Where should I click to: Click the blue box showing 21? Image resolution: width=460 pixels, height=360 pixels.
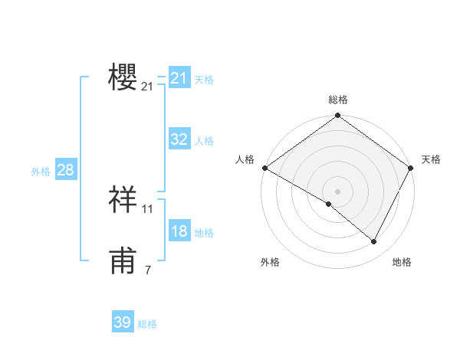coord(179,78)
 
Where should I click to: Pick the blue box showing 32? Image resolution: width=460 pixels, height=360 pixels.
coord(179,139)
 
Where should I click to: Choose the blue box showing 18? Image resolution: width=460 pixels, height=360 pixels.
coord(179,231)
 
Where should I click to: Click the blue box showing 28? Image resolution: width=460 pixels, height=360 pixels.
coord(65,170)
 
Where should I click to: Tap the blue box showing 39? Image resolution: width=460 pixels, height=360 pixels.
coord(122,322)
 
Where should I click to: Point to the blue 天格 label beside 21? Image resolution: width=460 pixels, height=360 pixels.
coord(204,79)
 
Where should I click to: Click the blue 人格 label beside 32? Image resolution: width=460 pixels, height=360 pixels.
coord(204,140)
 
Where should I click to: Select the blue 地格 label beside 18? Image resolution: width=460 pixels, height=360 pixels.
coord(204,232)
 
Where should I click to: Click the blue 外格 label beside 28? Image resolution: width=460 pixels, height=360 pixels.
coord(41,172)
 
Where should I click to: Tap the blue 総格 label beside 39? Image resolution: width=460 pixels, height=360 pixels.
coord(147,324)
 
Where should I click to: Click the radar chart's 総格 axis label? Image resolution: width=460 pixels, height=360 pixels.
coord(338,100)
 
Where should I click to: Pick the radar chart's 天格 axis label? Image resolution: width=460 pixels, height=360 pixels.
coord(432,159)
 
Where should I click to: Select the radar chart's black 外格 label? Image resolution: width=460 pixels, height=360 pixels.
coord(270,262)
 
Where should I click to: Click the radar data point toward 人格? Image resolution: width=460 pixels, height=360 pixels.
coord(264,168)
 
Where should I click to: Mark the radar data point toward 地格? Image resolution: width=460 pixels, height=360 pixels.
coord(374,241)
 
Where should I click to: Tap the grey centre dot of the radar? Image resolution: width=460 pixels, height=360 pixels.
coord(338,191)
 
